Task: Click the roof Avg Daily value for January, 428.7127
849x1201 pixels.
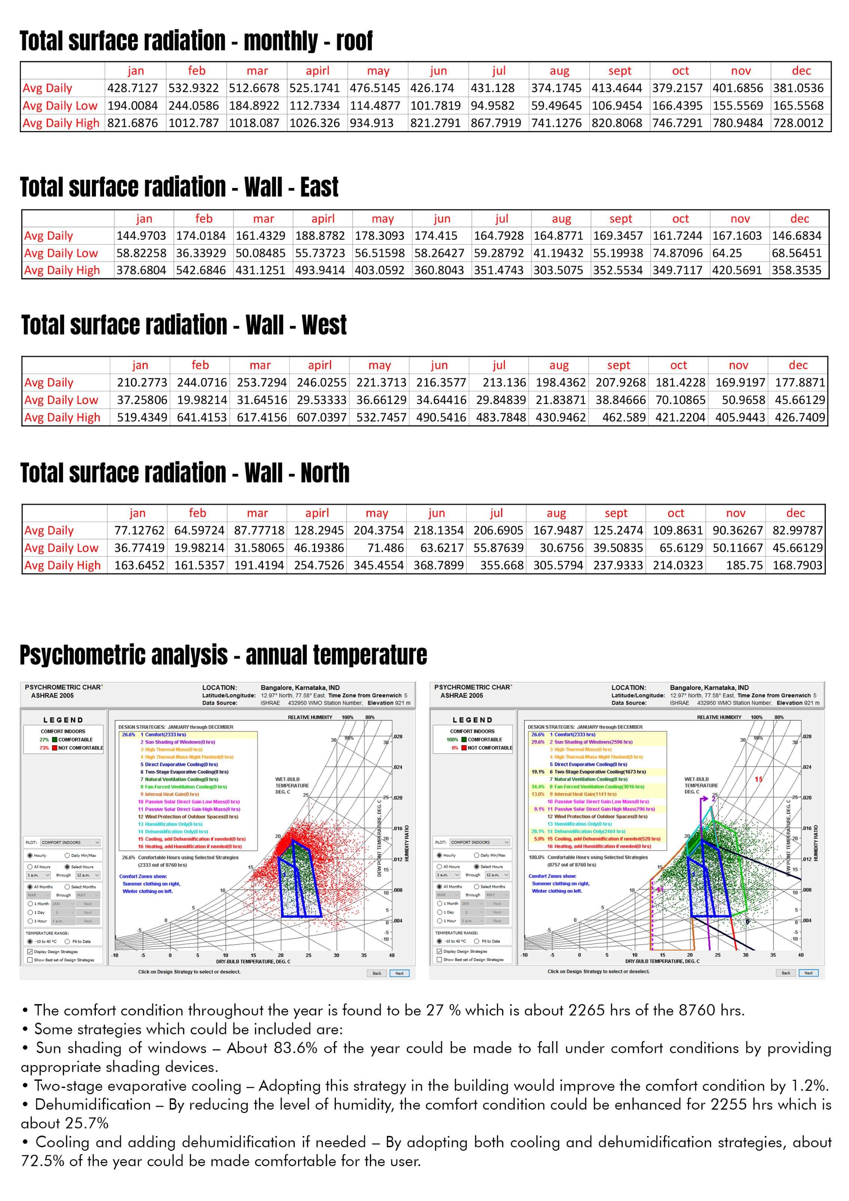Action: click(132, 88)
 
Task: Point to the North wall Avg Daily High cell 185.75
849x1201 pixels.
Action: click(744, 565)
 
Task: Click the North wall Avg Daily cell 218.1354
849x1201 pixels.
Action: click(439, 530)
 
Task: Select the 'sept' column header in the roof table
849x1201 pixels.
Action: click(619, 71)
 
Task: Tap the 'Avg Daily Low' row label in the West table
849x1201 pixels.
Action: click(61, 400)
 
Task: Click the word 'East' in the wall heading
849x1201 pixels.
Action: click(319, 187)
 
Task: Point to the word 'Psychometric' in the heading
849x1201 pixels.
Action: click(124, 655)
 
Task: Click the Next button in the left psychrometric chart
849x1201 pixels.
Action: click(399, 973)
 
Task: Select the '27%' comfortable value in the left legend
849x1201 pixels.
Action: click(44, 740)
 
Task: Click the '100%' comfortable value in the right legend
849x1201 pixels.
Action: click(452, 740)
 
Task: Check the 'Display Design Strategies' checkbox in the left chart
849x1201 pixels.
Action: click(30, 952)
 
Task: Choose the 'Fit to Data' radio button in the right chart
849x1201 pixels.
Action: click(477, 941)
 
